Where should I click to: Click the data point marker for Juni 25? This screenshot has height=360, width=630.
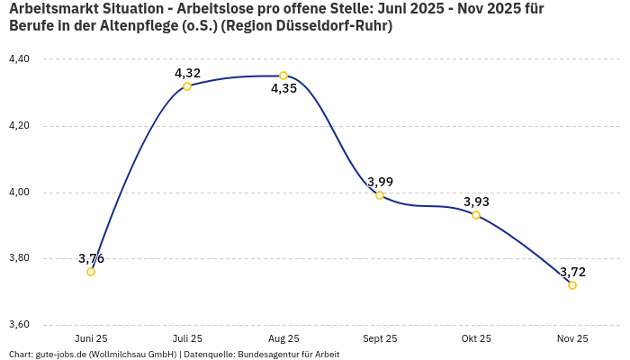91,272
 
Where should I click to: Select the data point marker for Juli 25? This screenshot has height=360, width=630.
187,86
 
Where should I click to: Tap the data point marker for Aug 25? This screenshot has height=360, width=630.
283,76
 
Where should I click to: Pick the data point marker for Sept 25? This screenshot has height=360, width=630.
380,195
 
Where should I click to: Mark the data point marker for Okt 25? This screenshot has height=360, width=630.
476,215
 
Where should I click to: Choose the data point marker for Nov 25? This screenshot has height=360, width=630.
572,285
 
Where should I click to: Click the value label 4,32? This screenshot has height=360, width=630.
187,73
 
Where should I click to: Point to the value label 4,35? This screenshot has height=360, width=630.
283,89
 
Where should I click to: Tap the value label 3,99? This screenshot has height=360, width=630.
380,182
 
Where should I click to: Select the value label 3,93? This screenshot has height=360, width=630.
476,202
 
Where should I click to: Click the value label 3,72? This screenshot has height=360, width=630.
572,272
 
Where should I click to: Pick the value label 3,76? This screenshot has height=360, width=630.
91,258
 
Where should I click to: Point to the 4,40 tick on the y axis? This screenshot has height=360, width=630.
19,59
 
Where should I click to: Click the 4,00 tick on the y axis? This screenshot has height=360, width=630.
19,193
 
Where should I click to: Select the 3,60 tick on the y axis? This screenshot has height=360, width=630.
19,325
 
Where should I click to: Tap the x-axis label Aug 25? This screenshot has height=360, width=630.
283,339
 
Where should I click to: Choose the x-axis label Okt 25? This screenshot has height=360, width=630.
476,339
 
